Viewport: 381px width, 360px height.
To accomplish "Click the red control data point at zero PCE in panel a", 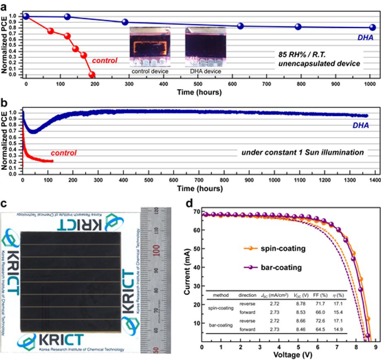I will (x=92, y=75).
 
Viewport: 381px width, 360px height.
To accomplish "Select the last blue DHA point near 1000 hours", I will (x=372, y=27).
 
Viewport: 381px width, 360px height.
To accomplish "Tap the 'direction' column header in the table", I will (x=248, y=295).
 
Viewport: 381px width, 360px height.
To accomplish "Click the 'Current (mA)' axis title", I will (x=187, y=274).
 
